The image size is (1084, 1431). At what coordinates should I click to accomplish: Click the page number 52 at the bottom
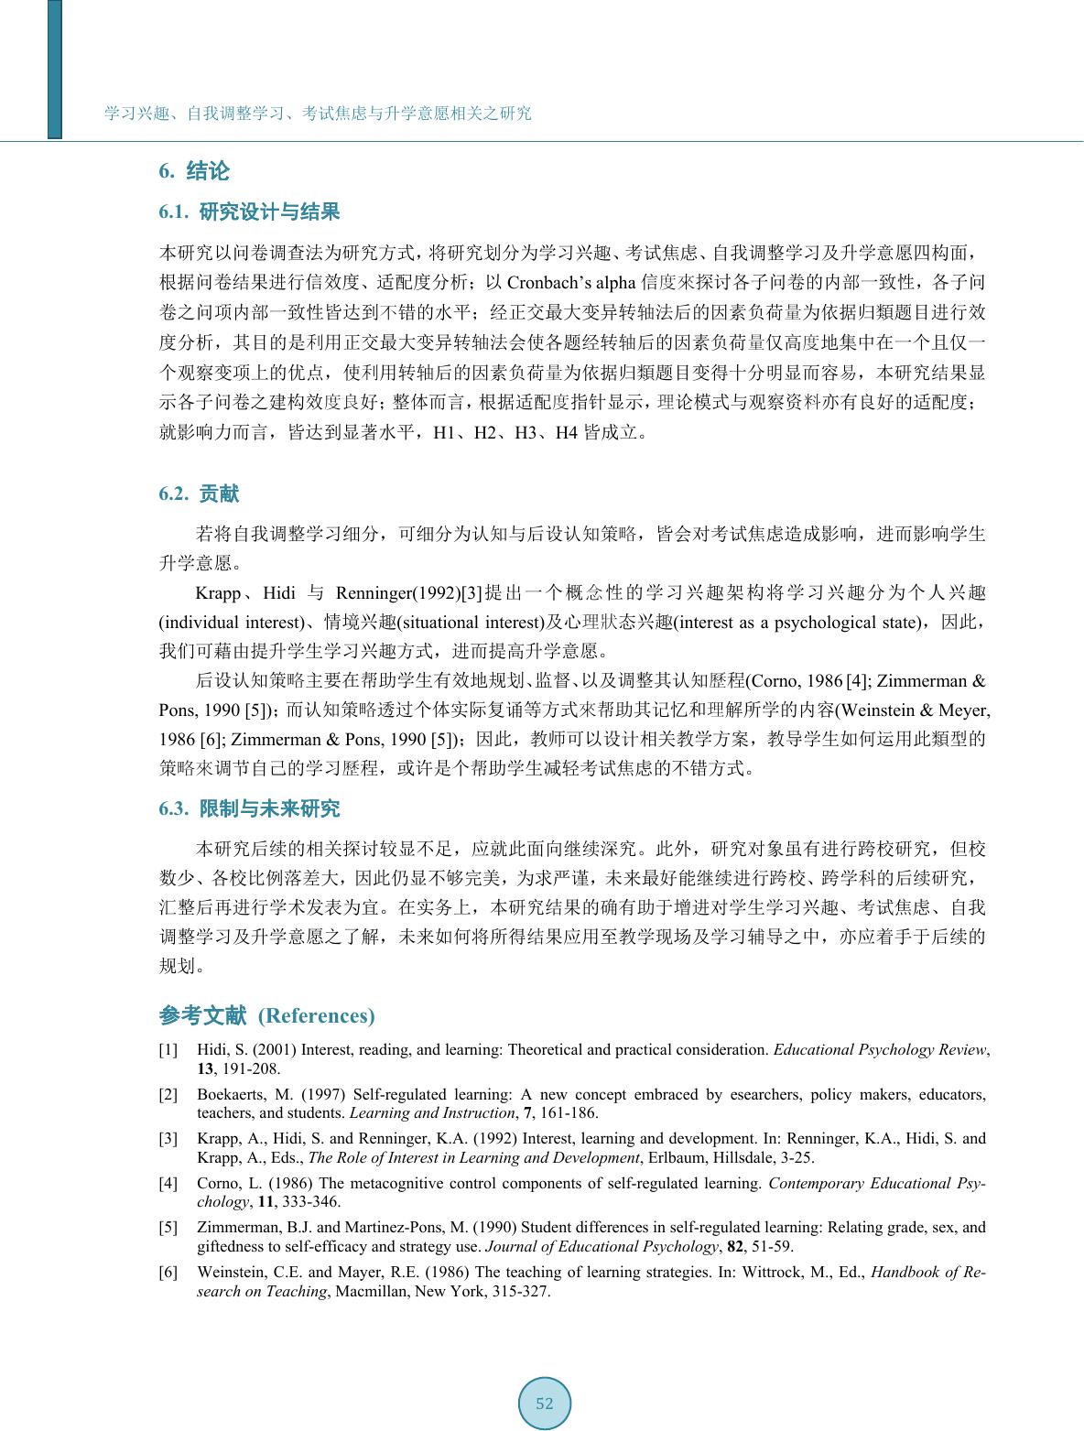[545, 1403]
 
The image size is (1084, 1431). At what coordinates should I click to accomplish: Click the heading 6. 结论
[194, 171]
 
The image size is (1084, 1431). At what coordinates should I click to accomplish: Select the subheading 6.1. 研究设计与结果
[249, 212]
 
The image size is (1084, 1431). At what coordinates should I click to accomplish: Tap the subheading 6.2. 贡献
[199, 494]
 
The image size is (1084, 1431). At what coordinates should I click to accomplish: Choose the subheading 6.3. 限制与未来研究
[249, 808]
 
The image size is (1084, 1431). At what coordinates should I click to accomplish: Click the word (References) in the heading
[317, 1015]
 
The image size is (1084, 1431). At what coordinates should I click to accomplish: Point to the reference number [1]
[168, 1050]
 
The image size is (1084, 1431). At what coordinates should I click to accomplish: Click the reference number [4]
[168, 1183]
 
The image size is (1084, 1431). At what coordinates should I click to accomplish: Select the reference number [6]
[168, 1273]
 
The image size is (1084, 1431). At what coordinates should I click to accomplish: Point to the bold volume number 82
[734, 1246]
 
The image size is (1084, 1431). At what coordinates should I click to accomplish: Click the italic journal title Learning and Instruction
[432, 1113]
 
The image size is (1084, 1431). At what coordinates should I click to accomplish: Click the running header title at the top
[318, 114]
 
